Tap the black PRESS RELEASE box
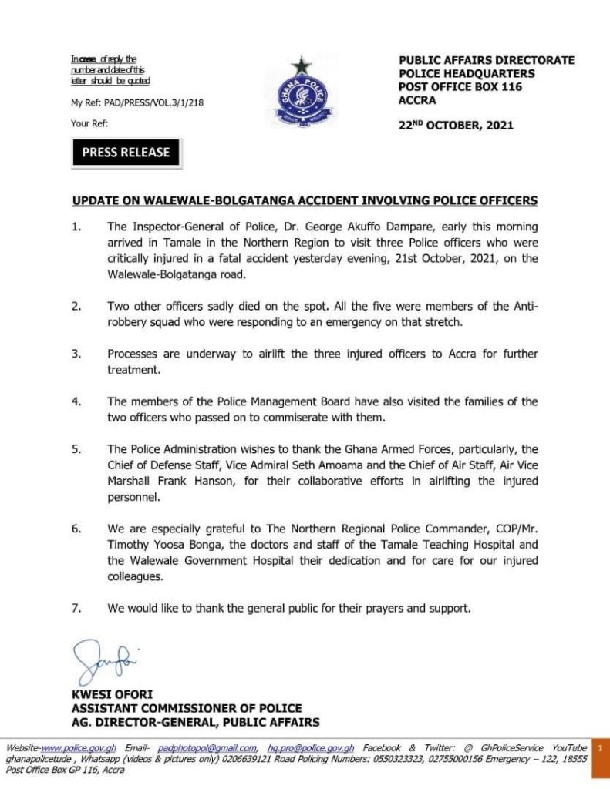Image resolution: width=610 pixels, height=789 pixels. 126,153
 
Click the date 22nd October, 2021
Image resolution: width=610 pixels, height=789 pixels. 456,125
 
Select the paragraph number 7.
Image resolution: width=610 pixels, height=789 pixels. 76,608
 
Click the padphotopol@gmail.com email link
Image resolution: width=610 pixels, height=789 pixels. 207,748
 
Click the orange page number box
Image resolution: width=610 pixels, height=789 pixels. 598,747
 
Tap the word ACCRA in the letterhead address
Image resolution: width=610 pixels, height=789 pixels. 417,100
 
